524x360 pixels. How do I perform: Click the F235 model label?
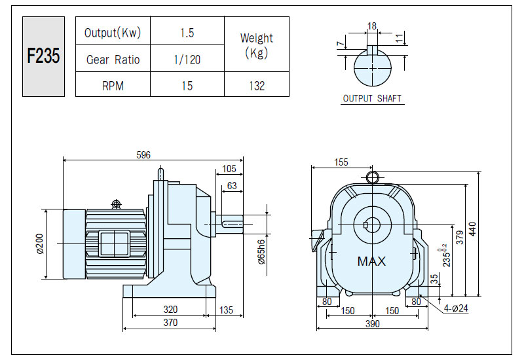[x=43, y=56]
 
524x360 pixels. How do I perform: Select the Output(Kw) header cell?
[x=113, y=32]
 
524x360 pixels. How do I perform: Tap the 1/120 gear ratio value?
[x=187, y=60]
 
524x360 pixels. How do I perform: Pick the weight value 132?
[x=257, y=86]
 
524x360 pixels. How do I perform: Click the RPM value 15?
[x=187, y=86]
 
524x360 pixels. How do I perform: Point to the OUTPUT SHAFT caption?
[x=372, y=99]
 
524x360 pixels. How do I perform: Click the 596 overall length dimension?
[x=143, y=155]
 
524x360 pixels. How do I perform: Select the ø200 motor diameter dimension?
[x=40, y=243]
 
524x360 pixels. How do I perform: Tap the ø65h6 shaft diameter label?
[x=261, y=252]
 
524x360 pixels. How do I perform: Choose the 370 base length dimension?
[x=170, y=323]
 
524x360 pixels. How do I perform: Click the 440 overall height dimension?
[x=472, y=229]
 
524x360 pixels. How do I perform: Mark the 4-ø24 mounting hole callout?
[x=456, y=308]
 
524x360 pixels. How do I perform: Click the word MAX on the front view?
[x=371, y=261]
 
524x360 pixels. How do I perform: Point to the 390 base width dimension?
[x=372, y=323]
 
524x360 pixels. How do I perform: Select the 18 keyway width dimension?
[x=371, y=26]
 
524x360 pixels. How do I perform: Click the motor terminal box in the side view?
[x=114, y=243]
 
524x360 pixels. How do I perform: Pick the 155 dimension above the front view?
[x=341, y=162]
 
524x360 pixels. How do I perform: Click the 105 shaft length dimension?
[x=229, y=169]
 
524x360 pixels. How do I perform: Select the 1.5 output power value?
[x=187, y=33]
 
